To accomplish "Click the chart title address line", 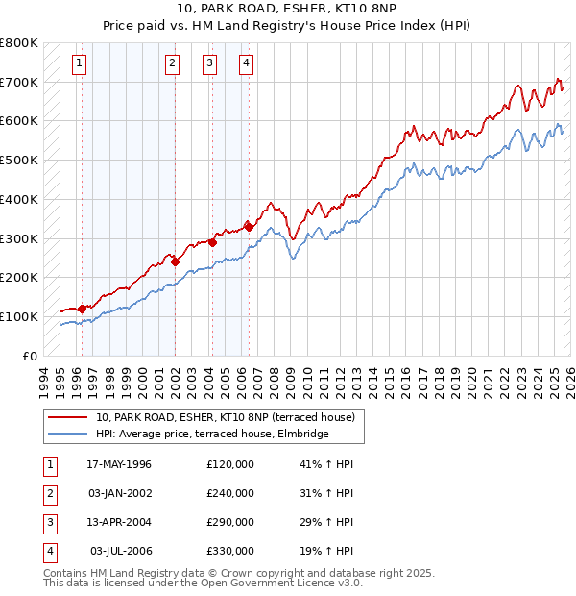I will [287, 8].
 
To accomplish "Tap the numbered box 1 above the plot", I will [78, 64].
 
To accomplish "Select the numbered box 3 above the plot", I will [209, 64].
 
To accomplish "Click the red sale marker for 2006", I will [249, 227].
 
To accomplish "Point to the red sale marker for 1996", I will [83, 309].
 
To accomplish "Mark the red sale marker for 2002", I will [175, 261].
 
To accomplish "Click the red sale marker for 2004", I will [212, 242].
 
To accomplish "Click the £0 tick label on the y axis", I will [29, 356].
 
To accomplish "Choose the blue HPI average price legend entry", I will [212, 435].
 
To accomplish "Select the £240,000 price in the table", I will [230, 493].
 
